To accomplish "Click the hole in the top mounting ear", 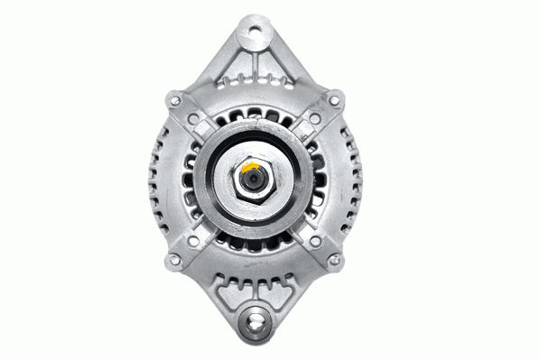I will (253, 37).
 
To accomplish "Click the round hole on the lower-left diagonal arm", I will (192, 239).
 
